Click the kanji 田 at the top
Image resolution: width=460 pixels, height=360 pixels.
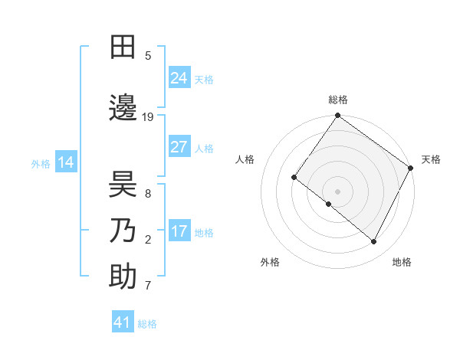[x=123, y=47]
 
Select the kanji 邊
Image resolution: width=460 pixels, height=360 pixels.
[x=123, y=108]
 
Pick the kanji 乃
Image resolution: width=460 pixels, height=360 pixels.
[x=123, y=231]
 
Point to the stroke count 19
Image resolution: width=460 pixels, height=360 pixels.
[x=148, y=117]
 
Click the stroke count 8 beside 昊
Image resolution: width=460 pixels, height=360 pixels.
[x=148, y=194]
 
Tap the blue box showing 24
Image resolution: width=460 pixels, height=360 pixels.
[x=179, y=77]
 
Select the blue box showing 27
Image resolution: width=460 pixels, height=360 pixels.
[x=179, y=147]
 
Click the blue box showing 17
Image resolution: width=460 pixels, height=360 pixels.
[x=179, y=231]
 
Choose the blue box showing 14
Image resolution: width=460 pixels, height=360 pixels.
[x=65, y=162]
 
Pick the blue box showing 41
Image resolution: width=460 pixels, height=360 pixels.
[x=123, y=322]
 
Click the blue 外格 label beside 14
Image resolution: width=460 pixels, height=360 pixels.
[x=41, y=163]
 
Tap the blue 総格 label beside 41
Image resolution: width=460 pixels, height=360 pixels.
[x=147, y=324]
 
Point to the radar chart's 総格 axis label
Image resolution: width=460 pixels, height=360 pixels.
[x=338, y=100]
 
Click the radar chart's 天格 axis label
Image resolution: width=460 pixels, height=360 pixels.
[x=431, y=159]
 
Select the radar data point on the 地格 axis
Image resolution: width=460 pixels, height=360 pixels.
[x=374, y=242]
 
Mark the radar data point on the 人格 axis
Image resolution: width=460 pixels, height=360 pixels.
[x=294, y=178]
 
